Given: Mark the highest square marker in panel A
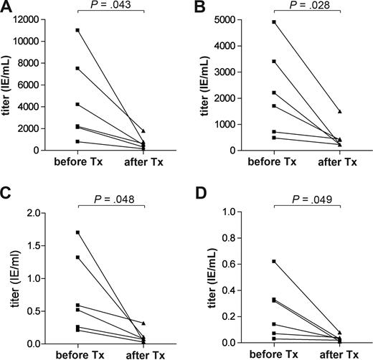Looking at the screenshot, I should [x=77, y=30].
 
